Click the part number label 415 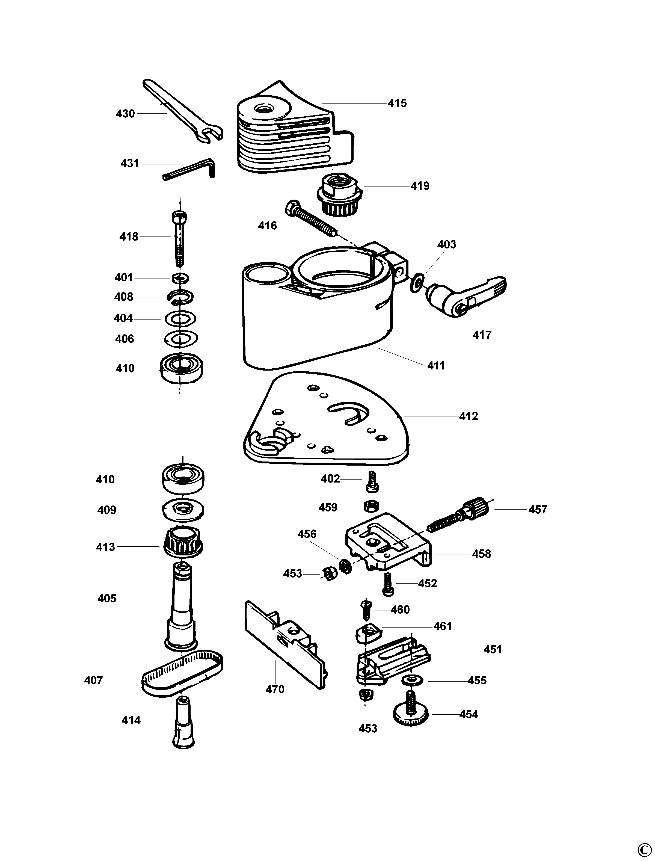(397, 103)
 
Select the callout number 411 (436, 365)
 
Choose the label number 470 (275, 690)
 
